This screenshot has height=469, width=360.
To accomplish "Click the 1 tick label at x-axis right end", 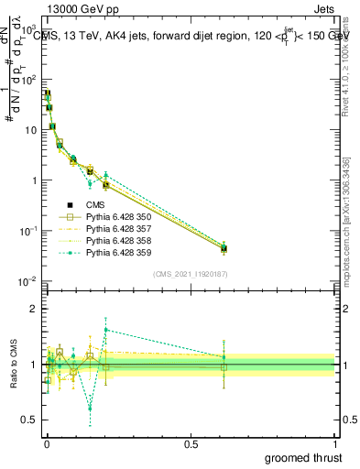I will (x=338, y=442).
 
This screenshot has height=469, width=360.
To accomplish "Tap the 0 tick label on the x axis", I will (x=47, y=442).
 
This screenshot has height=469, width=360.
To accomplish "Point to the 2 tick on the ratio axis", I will (x=34, y=309).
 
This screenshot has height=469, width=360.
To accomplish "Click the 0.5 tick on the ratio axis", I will (x=30, y=420).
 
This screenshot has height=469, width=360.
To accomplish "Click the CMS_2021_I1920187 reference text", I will (x=191, y=273).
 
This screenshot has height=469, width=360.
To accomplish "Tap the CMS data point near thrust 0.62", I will (x=224, y=248).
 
